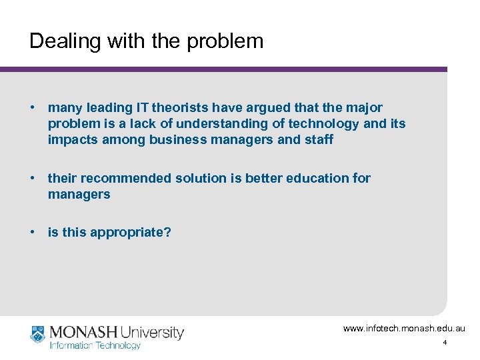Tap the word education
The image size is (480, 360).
pyautogui.click(x=315, y=178)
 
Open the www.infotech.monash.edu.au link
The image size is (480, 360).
pyautogui.click(x=405, y=329)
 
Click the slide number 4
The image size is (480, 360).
pyautogui.click(x=445, y=343)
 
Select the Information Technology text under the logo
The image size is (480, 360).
pyautogui.click(x=95, y=345)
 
